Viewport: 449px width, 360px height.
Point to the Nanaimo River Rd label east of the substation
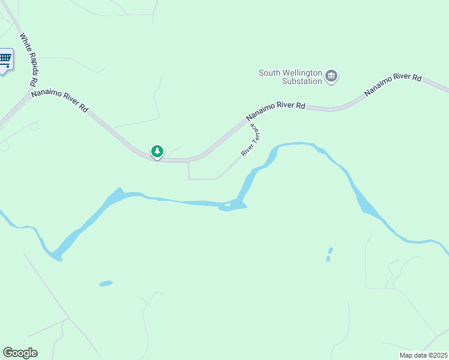(x=393, y=85)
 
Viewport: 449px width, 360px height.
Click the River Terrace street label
(x=250, y=140)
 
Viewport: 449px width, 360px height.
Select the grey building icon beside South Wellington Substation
(x=331, y=76)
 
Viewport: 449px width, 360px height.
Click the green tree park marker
(x=157, y=151)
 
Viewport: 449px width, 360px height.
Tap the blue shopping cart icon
(x=5, y=59)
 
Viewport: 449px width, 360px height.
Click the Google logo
(x=20, y=353)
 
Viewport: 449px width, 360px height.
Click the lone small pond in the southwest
(x=106, y=283)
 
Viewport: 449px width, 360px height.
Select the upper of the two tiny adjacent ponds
(x=330, y=250)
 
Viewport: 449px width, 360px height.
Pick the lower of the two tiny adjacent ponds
(x=328, y=259)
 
